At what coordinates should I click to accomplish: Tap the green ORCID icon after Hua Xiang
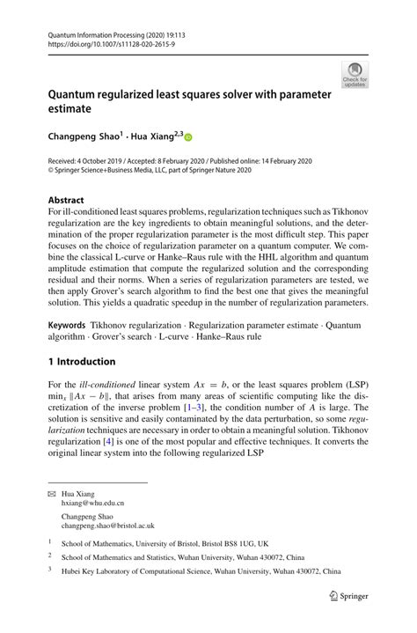(187, 137)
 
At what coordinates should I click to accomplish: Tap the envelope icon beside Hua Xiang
(51, 494)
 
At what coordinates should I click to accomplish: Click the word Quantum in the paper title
(79, 94)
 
